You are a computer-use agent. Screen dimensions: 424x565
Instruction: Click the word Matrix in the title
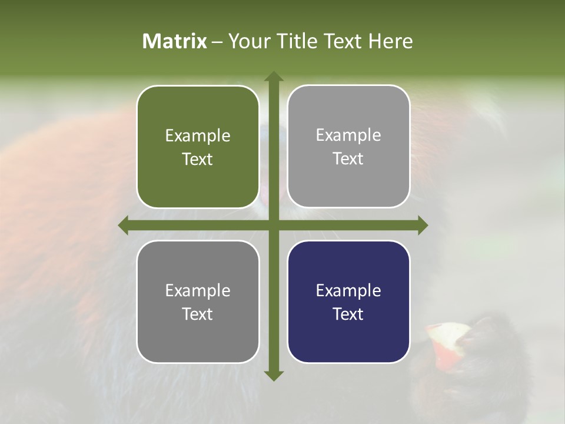pos(175,41)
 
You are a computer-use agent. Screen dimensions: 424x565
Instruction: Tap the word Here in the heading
pos(390,41)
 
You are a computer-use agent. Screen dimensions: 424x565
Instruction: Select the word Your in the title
pos(247,41)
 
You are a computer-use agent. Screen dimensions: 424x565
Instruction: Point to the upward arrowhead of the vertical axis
pos(274,77)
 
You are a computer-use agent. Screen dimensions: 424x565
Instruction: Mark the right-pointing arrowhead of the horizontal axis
pos(422,225)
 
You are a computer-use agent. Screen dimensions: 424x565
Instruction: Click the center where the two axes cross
pos(274,225)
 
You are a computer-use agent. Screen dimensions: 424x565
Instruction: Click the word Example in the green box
pos(198,136)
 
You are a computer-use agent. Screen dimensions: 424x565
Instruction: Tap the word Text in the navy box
pos(348,314)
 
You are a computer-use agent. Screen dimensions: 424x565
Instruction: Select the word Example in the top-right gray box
pos(348,135)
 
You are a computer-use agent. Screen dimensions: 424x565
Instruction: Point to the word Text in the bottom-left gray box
pos(198,314)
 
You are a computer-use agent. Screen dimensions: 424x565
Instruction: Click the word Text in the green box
pos(198,160)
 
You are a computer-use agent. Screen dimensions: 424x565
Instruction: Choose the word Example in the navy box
pos(348,290)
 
